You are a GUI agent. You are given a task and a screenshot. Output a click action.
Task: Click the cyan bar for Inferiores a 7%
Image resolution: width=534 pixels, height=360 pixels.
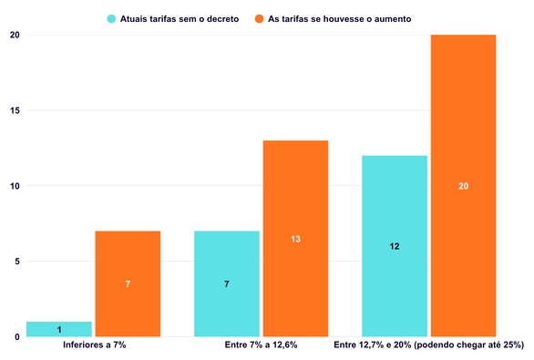coord(59,329)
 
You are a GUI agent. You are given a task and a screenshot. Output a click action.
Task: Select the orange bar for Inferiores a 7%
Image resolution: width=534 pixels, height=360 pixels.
coord(128,283)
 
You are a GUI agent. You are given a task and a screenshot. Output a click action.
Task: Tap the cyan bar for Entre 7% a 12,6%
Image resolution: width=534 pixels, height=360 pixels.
coord(227,283)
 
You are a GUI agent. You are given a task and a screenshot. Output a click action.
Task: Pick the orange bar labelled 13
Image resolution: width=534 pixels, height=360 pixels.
coord(295,239)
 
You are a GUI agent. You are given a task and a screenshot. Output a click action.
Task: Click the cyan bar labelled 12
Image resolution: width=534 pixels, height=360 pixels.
coord(395,246)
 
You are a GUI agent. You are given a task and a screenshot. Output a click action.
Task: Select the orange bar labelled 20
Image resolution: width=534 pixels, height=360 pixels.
coord(464,186)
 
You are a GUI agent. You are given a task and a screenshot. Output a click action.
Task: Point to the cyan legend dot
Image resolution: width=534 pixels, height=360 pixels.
coord(111,19)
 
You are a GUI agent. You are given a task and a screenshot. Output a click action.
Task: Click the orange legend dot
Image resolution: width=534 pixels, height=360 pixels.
coord(259,19)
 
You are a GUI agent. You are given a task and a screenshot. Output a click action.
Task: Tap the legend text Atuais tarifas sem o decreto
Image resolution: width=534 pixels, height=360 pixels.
coord(180,19)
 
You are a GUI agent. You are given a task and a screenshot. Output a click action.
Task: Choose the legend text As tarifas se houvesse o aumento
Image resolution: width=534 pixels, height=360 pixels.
coord(340,19)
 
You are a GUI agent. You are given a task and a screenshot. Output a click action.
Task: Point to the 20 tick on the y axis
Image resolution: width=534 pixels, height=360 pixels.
coord(15,35)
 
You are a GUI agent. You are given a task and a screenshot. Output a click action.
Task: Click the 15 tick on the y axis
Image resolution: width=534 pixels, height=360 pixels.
coord(15,110)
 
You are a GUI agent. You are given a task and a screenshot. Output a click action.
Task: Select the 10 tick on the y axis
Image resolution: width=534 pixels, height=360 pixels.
coord(15,186)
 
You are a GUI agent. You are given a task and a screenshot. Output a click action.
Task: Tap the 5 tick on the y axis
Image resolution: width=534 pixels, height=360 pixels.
coord(17,262)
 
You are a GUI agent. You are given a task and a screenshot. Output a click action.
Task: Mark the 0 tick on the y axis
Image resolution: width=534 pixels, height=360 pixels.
coord(17,337)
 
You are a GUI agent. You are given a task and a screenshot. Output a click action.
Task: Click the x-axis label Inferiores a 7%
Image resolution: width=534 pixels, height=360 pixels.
coord(95,345)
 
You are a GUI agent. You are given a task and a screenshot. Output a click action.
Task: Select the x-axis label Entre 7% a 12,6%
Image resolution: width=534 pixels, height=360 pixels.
coord(261,345)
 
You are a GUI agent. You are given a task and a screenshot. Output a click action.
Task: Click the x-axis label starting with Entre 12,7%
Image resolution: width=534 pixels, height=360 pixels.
coord(429,345)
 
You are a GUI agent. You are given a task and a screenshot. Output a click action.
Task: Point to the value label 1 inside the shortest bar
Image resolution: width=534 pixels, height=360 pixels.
coord(59,329)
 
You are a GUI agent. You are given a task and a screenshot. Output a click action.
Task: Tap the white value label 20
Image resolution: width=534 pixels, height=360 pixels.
coord(464,186)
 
